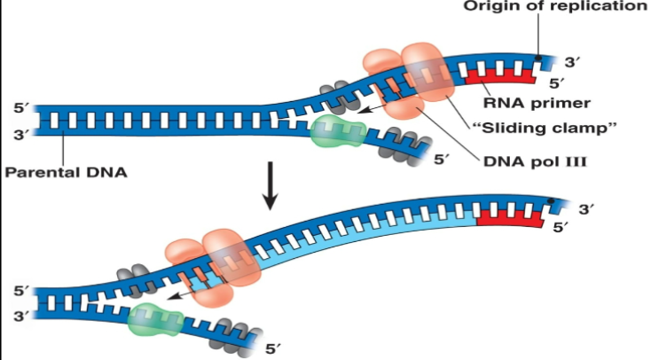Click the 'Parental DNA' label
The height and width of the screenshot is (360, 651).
64,172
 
